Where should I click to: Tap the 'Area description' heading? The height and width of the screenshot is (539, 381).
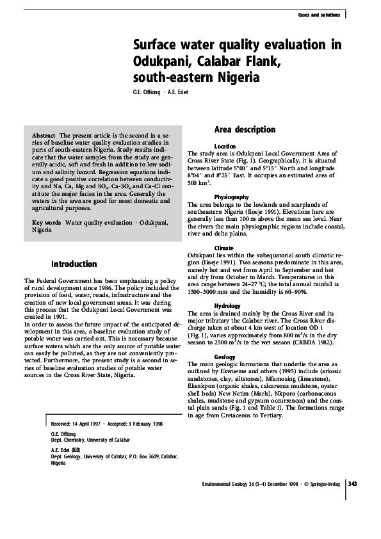[x=245, y=129]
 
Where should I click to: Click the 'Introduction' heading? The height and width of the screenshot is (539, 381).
[x=74, y=264]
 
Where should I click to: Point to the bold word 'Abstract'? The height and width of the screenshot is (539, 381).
[x=44, y=136]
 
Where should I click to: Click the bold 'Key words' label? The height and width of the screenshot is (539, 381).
[x=47, y=222]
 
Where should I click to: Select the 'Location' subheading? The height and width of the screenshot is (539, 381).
[x=225, y=147]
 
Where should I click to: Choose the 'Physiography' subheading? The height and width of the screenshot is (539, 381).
[x=232, y=196]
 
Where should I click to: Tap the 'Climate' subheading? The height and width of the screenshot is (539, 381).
[x=224, y=246]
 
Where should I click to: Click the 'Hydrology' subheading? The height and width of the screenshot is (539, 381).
[x=227, y=306]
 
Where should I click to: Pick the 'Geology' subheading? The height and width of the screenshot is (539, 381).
[x=225, y=357]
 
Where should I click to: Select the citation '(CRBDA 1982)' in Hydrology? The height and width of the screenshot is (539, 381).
[x=310, y=343]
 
